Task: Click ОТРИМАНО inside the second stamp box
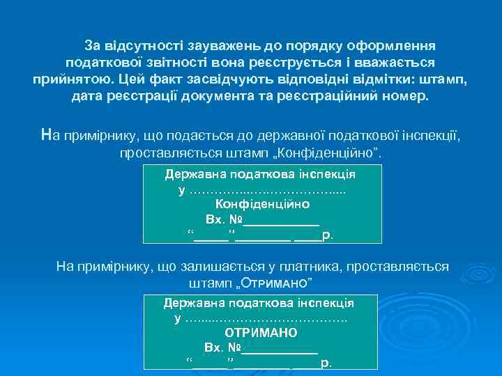(261, 333)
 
